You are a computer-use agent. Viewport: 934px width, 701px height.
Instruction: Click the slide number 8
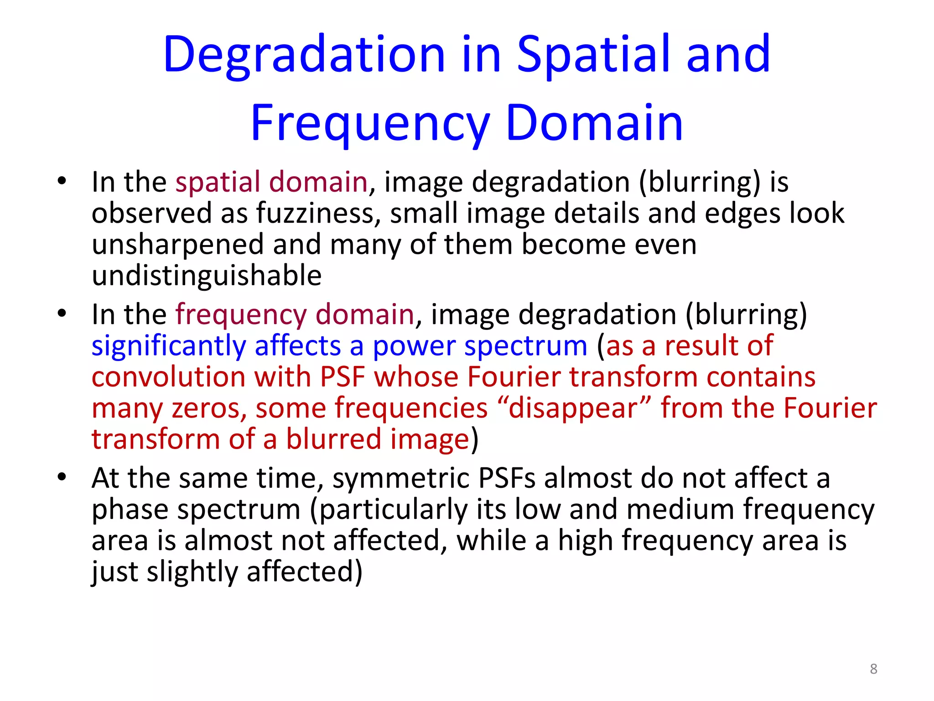click(x=873, y=669)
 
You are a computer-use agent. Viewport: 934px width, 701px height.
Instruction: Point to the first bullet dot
click(x=62, y=182)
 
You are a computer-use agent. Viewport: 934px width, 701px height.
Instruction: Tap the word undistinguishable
click(x=207, y=276)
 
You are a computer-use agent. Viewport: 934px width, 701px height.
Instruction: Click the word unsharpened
click(x=178, y=245)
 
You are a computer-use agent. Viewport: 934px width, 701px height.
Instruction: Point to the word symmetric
click(x=401, y=479)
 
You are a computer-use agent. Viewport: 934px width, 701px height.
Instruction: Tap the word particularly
click(x=394, y=510)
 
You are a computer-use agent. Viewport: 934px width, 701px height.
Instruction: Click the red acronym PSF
click(x=342, y=377)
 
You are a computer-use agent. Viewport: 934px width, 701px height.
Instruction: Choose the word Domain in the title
click(x=594, y=123)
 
